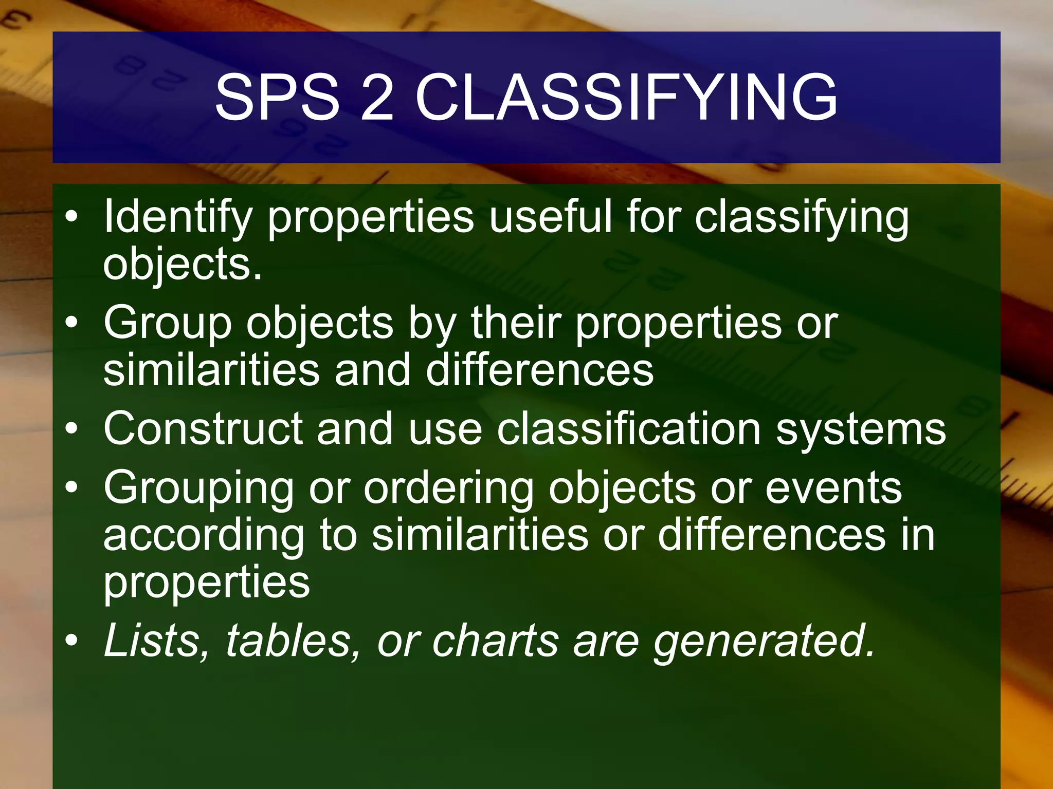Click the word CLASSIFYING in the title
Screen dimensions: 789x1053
(626, 98)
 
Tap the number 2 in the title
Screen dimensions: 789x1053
(377, 98)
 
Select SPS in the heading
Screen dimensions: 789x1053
(277, 98)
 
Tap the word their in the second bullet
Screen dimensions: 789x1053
(516, 323)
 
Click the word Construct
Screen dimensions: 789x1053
(203, 429)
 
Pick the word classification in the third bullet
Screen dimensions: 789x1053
(628, 429)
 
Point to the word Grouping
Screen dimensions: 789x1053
(198, 490)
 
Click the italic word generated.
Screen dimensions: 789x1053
(764, 642)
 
